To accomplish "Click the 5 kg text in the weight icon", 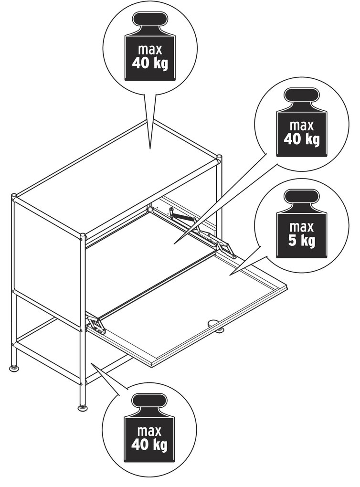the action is point(301,241).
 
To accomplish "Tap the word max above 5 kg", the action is point(301,227).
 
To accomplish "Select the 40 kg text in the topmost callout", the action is point(150,64).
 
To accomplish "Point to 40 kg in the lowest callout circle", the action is point(149,445).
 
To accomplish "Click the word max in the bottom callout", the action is point(149,431).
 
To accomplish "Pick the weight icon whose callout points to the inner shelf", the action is point(302,122).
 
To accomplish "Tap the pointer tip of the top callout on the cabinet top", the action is point(150,149).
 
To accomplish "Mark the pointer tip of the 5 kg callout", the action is point(230,275).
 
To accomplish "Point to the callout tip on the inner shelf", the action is point(174,244).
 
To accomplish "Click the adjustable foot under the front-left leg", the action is point(82,407).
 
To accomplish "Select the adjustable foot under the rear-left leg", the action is point(14,369).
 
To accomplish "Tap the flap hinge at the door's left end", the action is point(95,324).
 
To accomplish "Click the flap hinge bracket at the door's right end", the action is point(225,249).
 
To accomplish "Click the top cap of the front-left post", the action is point(83,236).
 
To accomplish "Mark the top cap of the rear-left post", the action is point(14,196).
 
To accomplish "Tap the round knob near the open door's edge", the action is point(213,323).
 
